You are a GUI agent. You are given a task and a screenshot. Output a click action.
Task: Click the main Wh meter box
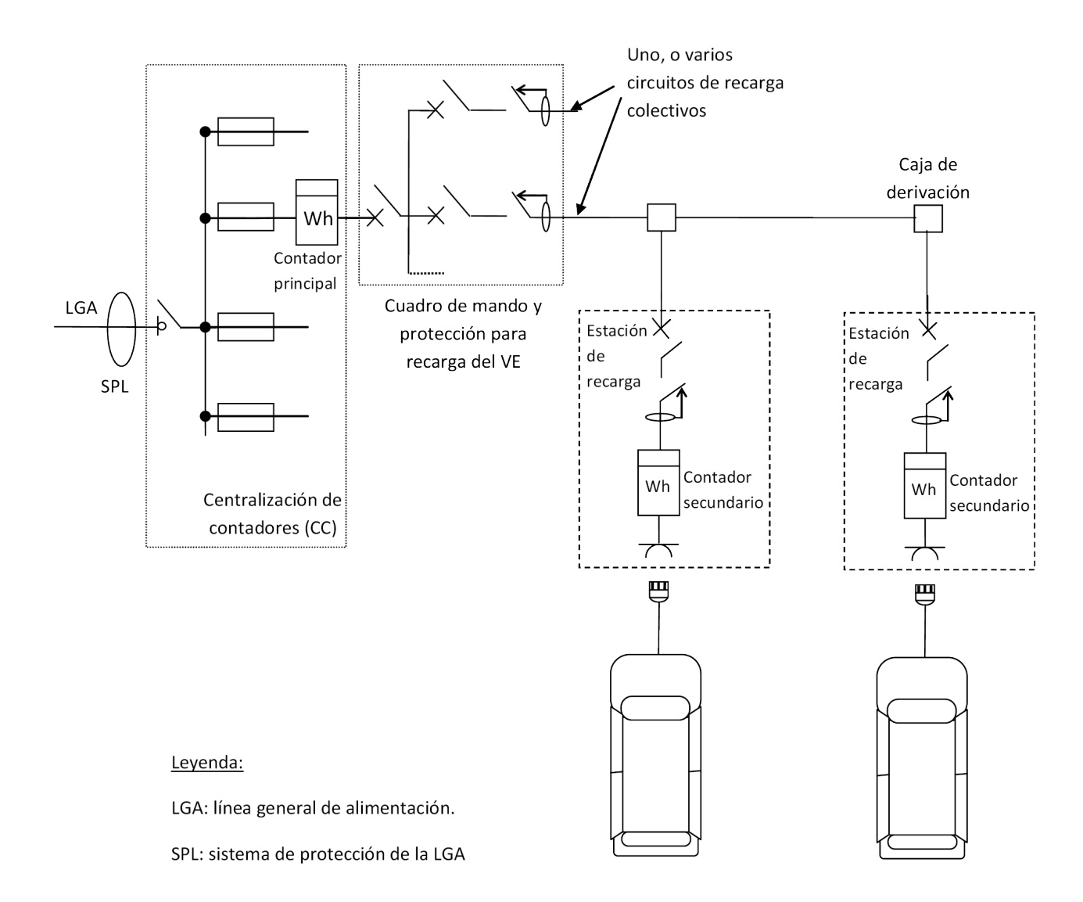pos(317,212)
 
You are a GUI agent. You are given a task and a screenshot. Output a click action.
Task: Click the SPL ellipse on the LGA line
pos(121,329)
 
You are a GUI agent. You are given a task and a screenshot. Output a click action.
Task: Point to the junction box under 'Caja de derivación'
pos(928,218)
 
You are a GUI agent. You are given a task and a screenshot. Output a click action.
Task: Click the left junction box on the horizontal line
pos(662,217)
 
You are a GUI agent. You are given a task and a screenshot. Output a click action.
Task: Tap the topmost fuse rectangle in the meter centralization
pos(246,131)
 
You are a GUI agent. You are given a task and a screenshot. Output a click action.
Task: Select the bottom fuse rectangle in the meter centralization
pos(246,415)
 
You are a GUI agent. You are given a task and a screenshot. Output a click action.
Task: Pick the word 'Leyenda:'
pos(206,763)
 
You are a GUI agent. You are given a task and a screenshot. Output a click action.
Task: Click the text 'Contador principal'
pos(307,270)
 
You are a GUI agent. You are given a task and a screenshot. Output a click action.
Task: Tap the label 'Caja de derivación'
pos(928,178)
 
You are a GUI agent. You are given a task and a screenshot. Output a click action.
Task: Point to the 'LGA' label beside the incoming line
pos(81,307)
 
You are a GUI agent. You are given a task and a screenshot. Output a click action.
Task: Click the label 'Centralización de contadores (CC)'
pos(272,512)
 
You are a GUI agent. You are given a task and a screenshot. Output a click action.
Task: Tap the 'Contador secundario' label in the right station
pos(988,493)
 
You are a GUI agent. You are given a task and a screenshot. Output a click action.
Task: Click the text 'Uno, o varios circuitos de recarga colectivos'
pos(704,83)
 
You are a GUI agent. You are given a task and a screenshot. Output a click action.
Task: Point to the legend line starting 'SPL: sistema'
pos(317,853)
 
